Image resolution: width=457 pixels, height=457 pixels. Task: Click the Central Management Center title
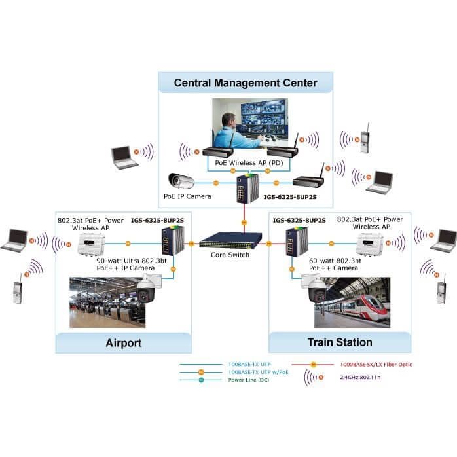[x=246, y=82]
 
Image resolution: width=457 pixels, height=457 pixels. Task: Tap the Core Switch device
[x=230, y=240]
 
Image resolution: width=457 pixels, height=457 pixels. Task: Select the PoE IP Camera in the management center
[x=181, y=181]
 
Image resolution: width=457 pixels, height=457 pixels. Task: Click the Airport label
[x=124, y=343]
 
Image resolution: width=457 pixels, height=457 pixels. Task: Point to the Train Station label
[x=340, y=342]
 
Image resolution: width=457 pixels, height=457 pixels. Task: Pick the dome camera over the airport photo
[x=147, y=289]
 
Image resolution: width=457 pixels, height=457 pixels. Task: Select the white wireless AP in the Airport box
[x=91, y=244]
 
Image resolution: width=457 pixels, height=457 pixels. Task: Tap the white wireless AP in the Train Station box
[x=370, y=244]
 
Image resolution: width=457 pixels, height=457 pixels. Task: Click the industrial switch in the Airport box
[x=173, y=241]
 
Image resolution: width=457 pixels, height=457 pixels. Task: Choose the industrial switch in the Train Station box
[x=297, y=242]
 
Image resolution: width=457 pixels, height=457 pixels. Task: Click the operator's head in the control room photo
[x=228, y=120]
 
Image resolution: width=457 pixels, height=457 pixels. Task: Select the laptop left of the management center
[x=124, y=158]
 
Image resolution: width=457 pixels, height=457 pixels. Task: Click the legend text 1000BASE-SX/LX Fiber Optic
[x=376, y=364]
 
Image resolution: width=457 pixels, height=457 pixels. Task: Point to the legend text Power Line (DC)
[x=248, y=380]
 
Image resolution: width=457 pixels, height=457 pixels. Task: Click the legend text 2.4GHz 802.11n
[x=360, y=377]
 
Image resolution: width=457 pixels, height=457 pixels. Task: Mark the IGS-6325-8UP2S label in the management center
[x=290, y=197]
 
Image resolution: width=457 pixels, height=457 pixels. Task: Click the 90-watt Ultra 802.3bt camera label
[x=132, y=265]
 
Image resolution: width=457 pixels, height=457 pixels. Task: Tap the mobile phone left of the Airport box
[x=18, y=289]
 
